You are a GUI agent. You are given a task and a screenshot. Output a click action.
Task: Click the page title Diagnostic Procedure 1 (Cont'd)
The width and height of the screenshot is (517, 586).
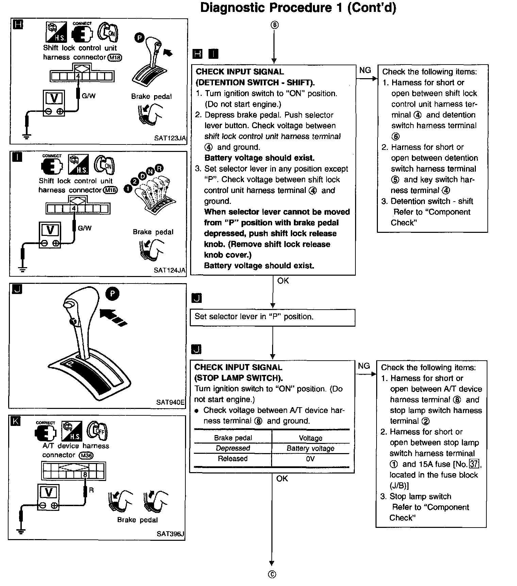pos(298,8)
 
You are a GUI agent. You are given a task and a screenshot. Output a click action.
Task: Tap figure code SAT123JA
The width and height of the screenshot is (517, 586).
pos(170,138)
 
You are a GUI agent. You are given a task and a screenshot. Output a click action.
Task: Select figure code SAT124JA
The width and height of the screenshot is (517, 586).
pos(169,270)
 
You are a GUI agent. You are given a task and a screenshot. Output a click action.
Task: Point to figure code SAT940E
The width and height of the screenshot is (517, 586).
pos(170,402)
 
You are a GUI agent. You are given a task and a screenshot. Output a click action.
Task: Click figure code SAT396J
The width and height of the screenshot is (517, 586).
pos(170,534)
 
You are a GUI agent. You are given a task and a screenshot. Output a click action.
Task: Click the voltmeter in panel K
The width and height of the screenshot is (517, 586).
pos(49,496)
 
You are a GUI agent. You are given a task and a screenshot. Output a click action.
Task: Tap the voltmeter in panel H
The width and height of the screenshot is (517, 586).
pos(54,103)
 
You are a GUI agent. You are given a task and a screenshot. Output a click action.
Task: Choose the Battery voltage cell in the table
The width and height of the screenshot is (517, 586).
pos(310,448)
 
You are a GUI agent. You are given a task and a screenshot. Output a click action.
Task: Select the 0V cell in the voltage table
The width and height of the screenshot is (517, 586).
pos(310,459)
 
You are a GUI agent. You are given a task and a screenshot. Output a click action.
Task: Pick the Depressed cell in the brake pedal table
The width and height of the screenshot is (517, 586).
pos(233,448)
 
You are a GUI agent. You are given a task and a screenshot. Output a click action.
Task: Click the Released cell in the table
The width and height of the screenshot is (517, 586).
pos(233,459)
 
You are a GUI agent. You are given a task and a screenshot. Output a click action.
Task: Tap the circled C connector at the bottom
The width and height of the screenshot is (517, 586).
pos(272,574)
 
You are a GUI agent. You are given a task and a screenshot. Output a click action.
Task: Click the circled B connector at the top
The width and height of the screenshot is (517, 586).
pos(274,25)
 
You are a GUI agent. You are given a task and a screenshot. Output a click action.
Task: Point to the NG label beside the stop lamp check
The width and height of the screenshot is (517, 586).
pos(364,366)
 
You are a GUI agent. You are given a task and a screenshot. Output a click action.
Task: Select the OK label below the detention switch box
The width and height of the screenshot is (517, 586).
pos(283,281)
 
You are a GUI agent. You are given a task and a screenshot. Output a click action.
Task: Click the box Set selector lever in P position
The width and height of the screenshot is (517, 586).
pos(272,317)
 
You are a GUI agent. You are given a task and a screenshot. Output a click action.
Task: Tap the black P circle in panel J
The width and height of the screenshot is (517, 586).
pos(113,294)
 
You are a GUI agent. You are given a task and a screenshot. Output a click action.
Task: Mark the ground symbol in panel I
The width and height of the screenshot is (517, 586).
pos(22,270)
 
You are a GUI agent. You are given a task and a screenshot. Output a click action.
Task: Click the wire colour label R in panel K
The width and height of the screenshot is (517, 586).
pos(91,490)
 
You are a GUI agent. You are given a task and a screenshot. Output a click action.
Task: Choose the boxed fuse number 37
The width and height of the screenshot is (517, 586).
pos(473,464)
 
